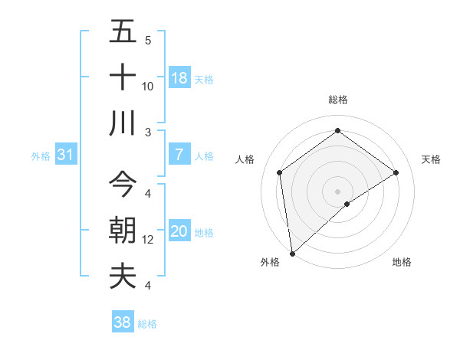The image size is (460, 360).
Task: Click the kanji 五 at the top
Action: pyautogui.click(x=123, y=32)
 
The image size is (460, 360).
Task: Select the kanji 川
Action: pyautogui.click(x=123, y=123)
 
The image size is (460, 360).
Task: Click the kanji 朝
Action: pyautogui.click(x=123, y=231)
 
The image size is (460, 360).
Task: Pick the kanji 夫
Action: pyautogui.click(x=123, y=276)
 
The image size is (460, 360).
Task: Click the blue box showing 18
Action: pyautogui.click(x=179, y=78)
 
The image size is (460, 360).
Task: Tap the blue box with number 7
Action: pyautogui.click(x=179, y=155)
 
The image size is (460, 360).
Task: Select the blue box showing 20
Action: pyautogui.click(x=179, y=231)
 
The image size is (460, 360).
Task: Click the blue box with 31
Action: pyautogui.click(x=66, y=155)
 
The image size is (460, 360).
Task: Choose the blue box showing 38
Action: pyautogui.click(x=123, y=322)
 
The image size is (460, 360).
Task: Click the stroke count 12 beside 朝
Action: pyautogui.click(x=149, y=240)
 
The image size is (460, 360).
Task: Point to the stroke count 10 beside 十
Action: pyautogui.click(x=149, y=86)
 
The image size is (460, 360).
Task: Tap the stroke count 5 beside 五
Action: pyautogui.click(x=148, y=40)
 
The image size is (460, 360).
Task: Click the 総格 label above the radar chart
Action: pyautogui.click(x=338, y=100)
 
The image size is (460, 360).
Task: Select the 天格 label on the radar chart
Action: pyautogui.click(x=432, y=159)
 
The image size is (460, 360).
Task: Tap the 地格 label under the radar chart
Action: pyautogui.click(x=402, y=262)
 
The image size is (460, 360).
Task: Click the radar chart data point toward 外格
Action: pyautogui.click(x=292, y=253)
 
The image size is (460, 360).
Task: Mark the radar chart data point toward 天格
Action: pyautogui.click(x=396, y=172)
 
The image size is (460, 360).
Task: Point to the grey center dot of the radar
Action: pyautogui.click(x=338, y=190)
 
